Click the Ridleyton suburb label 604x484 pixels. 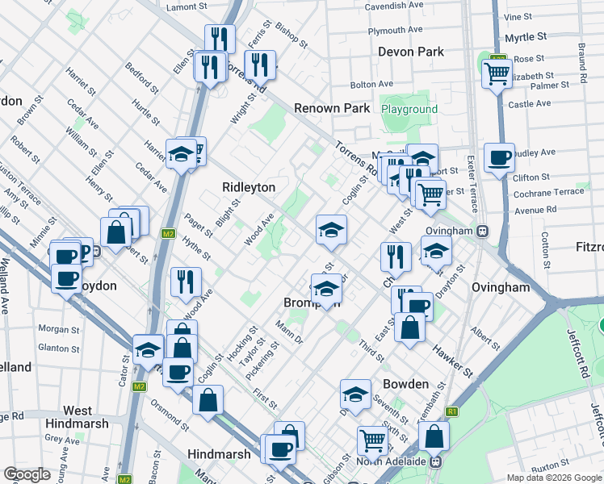click(249, 187)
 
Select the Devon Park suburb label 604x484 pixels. click(412, 52)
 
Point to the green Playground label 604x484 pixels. click(409, 109)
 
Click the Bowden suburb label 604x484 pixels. click(405, 384)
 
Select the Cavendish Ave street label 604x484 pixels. click(394, 5)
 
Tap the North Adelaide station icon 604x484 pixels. click(436, 462)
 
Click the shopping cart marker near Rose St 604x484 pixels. click(498, 75)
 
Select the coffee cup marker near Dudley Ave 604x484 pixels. click(499, 157)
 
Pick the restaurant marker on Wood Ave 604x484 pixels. click(186, 282)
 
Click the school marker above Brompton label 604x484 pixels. click(326, 289)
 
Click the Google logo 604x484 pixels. click(27, 474)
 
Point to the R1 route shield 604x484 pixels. click(452, 411)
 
